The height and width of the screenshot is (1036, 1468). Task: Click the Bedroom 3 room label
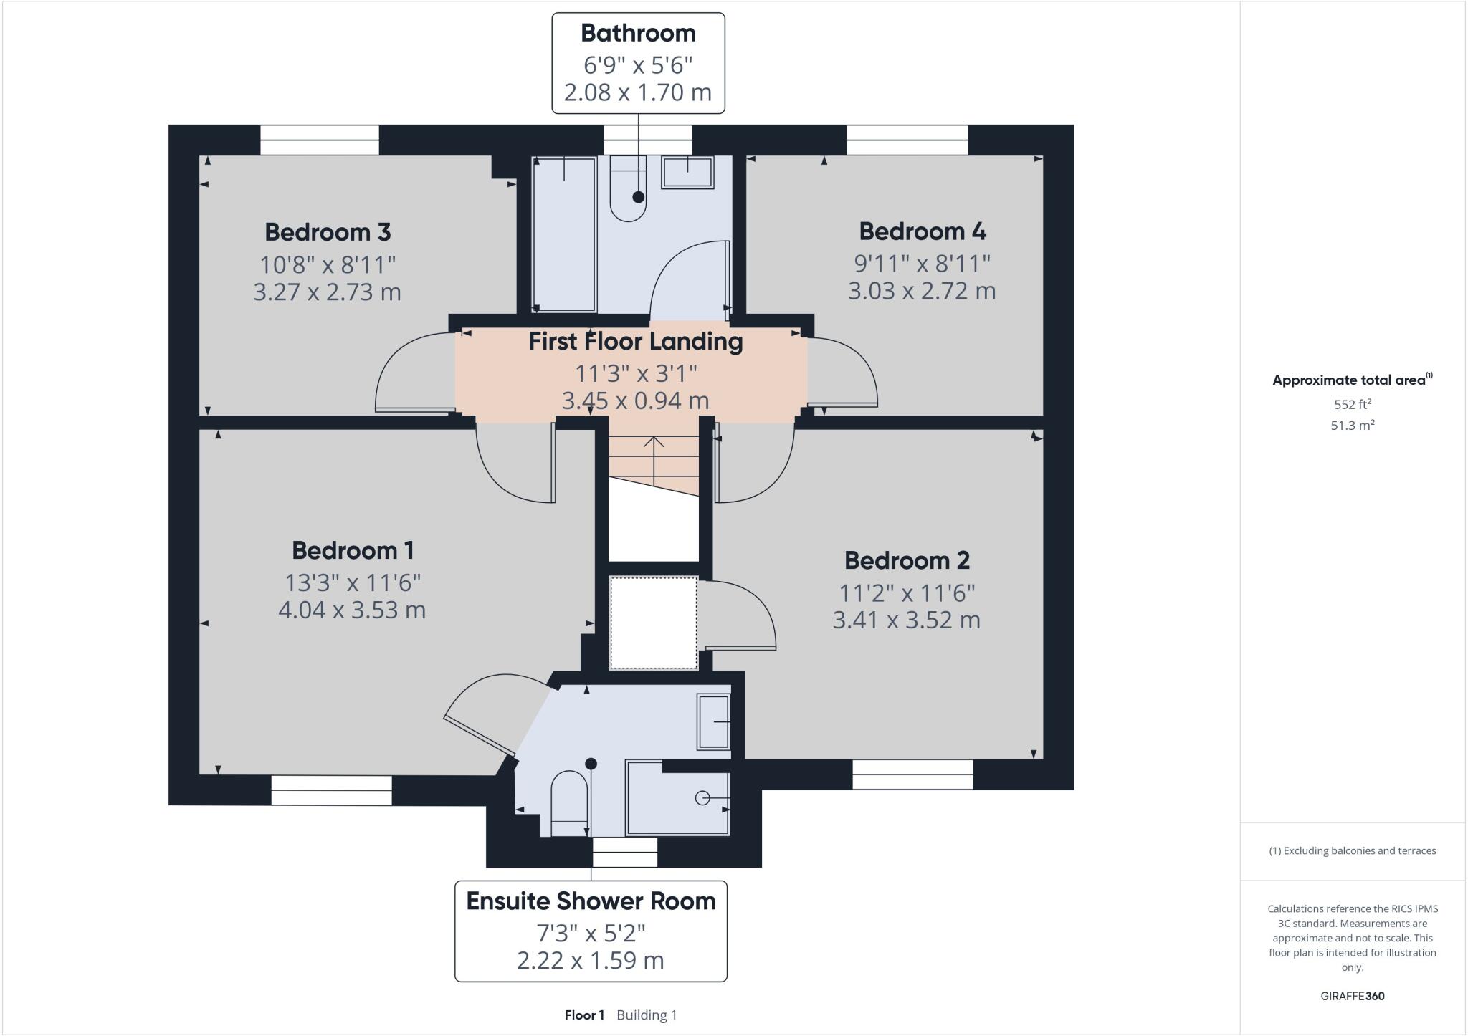pyautogui.click(x=328, y=232)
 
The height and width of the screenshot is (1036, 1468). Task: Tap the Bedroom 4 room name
pyautogui.click(x=922, y=231)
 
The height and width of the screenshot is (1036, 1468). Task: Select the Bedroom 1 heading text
pyautogui.click(x=353, y=550)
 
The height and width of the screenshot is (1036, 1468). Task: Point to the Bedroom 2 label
pyautogui.click(x=907, y=560)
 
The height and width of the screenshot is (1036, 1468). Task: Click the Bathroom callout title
pyautogui.click(x=638, y=33)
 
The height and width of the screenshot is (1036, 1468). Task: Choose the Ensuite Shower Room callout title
pyautogui.click(x=591, y=901)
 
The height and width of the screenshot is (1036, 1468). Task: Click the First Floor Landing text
pyautogui.click(x=635, y=341)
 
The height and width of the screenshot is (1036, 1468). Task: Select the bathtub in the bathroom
pyautogui.click(x=565, y=235)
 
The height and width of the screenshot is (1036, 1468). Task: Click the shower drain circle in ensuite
pyautogui.click(x=702, y=797)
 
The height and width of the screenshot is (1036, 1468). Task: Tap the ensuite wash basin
pyautogui.click(x=713, y=722)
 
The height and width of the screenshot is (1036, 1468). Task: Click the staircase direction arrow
pyautogui.click(x=653, y=459)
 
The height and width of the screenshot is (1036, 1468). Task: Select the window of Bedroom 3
pyautogui.click(x=319, y=140)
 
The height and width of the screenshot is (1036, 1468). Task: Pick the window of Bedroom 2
pyautogui.click(x=912, y=774)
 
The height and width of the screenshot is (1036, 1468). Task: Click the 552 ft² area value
pyautogui.click(x=1352, y=404)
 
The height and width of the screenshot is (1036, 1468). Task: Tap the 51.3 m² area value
pyautogui.click(x=1352, y=426)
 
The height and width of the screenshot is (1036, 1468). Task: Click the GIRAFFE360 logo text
pyautogui.click(x=1352, y=996)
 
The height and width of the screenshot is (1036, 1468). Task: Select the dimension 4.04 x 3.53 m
pyautogui.click(x=351, y=610)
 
